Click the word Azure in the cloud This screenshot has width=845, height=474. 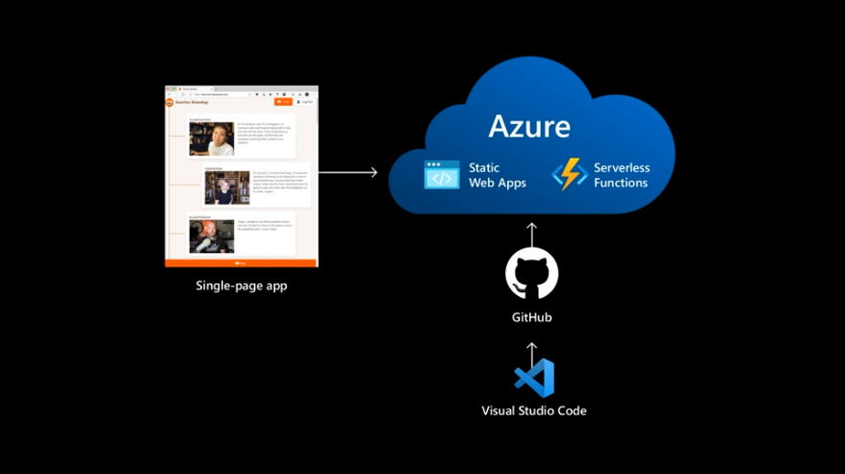pyautogui.click(x=529, y=126)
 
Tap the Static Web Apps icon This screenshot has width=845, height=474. pyautogui.click(x=443, y=175)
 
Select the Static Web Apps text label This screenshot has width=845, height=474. pyautogui.click(x=497, y=175)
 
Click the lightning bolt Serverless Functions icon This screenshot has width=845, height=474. pyautogui.click(x=570, y=175)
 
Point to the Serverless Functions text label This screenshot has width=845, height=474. pyautogui.click(x=621, y=175)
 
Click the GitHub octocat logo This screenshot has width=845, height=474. pyautogui.click(x=532, y=274)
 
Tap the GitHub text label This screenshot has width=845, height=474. pyautogui.click(x=532, y=317)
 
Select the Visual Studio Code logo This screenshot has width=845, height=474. pyautogui.click(x=534, y=378)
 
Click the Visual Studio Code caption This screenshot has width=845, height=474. pyautogui.click(x=534, y=411)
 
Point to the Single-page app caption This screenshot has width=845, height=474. pyautogui.click(x=242, y=286)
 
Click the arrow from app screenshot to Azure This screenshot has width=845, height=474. pyautogui.click(x=347, y=173)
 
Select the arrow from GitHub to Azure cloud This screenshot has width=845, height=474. pyautogui.click(x=532, y=234)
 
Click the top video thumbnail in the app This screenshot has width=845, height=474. pyautogui.click(x=211, y=139)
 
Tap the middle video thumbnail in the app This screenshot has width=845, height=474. pyautogui.click(x=227, y=187)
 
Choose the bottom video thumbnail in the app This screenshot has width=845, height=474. pyautogui.click(x=211, y=236)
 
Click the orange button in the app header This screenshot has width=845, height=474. pyautogui.click(x=283, y=101)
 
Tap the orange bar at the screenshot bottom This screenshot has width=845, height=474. pyautogui.click(x=242, y=262)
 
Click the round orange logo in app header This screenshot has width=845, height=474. pyautogui.click(x=170, y=101)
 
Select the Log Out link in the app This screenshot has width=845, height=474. pyautogui.click(x=305, y=101)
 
